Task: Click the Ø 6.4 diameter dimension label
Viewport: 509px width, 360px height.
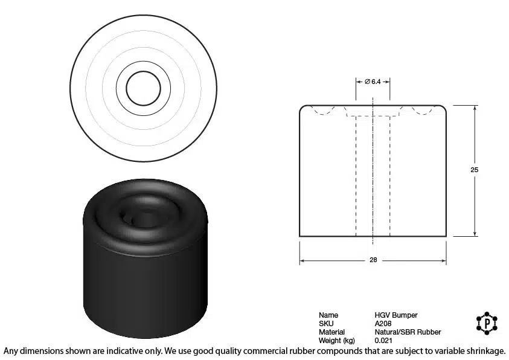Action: point(373,82)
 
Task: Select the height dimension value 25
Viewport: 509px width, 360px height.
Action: point(474,170)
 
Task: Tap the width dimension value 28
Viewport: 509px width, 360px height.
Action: point(373,260)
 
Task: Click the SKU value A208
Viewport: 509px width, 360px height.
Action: point(383,323)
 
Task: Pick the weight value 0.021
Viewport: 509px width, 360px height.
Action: point(383,341)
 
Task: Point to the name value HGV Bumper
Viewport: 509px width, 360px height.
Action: point(396,315)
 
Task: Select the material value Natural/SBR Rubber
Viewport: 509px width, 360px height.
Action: point(408,332)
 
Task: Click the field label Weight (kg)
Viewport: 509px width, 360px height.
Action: point(337,341)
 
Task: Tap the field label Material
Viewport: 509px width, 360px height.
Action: point(331,332)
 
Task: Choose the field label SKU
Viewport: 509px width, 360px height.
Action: point(326,323)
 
